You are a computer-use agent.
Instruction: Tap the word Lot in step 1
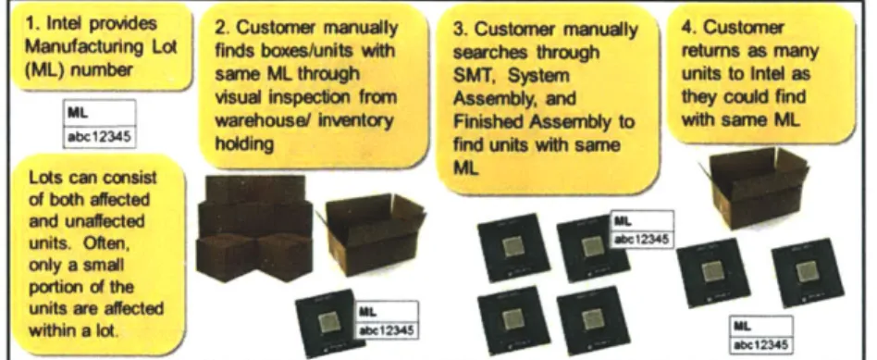[165, 46]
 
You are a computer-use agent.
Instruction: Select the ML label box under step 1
[100, 124]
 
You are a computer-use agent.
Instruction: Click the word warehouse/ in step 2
[251, 120]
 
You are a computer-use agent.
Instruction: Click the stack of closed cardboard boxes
[255, 228]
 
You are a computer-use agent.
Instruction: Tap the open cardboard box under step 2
[374, 233]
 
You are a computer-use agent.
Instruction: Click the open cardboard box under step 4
[755, 188]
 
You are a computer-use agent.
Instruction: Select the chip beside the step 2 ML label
[330, 323]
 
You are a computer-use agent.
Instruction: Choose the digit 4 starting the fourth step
[686, 28]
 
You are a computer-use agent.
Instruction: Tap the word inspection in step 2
[312, 97]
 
